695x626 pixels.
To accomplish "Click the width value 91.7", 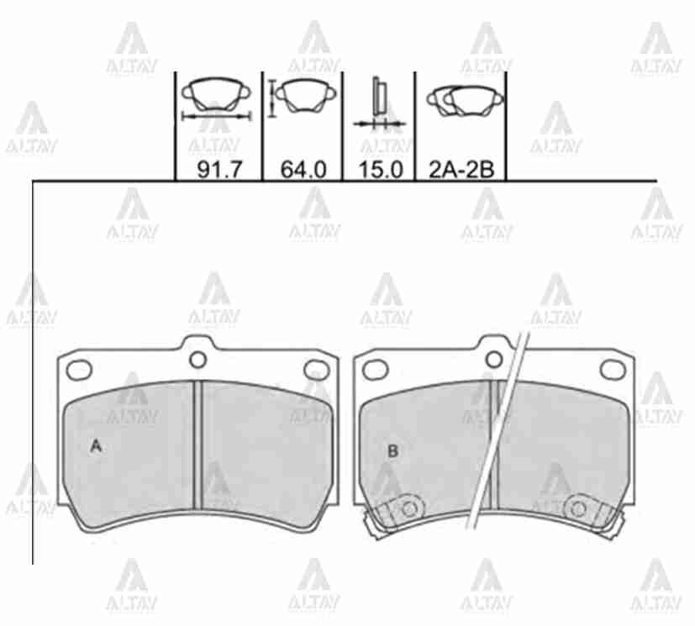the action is pyautogui.click(x=220, y=169).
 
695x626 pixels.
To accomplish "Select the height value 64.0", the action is pyautogui.click(x=303, y=169).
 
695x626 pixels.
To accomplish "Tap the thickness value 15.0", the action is pyautogui.click(x=381, y=169).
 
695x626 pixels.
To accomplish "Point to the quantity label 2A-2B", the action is pyautogui.click(x=461, y=169).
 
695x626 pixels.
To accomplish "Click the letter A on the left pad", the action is pyautogui.click(x=96, y=446).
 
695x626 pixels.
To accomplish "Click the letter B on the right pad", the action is pyautogui.click(x=392, y=451).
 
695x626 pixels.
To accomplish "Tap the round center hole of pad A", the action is pyautogui.click(x=197, y=360).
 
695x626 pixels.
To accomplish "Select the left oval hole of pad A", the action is pyautogui.click(x=79, y=370).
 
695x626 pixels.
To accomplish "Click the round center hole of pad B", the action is pyautogui.click(x=494, y=360).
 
